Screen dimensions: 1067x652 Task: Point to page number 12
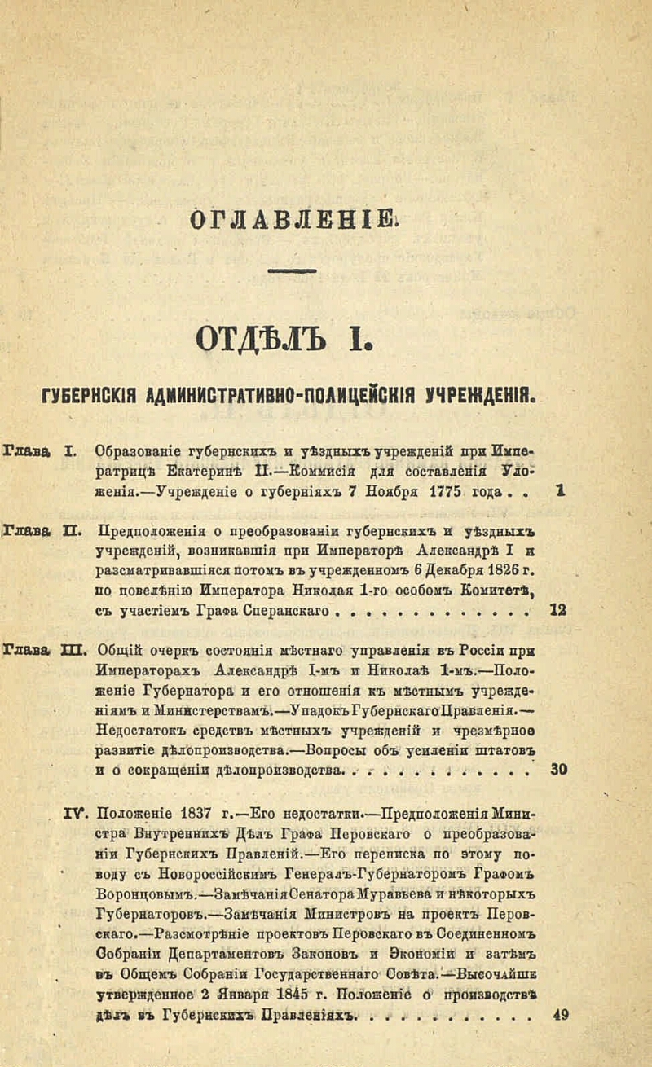(558, 609)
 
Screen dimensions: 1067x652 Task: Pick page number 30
(559, 769)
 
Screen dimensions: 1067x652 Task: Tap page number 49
(560, 1014)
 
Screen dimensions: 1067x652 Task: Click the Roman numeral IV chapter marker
(76, 811)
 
